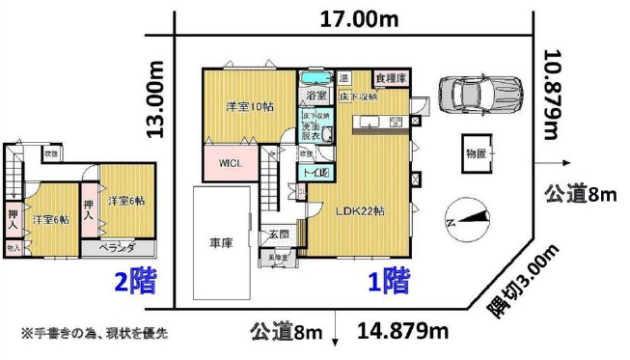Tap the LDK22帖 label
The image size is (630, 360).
point(362,210)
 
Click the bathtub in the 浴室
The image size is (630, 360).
point(315,78)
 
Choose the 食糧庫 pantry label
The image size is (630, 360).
point(390,76)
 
